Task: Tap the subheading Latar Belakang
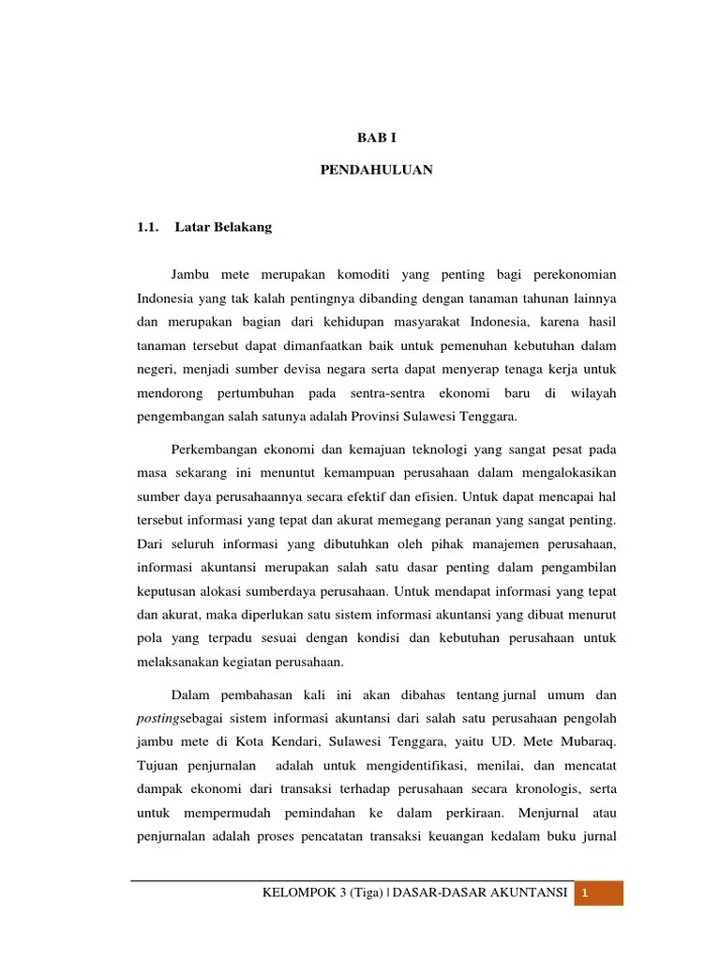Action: click(223, 226)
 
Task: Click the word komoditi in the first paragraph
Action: click(353, 273)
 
